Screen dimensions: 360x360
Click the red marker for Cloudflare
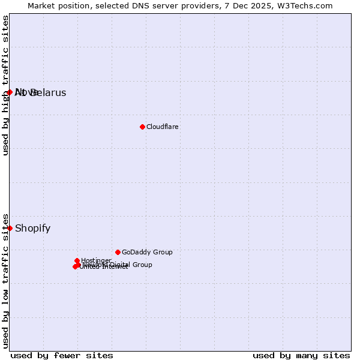(x=142, y=127)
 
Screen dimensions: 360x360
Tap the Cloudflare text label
(x=163, y=127)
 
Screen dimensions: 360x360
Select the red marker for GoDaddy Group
(x=118, y=252)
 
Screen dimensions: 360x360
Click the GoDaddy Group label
(x=147, y=252)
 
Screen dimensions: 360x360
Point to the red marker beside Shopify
(x=10, y=228)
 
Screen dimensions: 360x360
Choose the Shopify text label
(x=32, y=228)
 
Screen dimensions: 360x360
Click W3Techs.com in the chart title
(x=305, y=5)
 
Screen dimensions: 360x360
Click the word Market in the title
(x=42, y=5)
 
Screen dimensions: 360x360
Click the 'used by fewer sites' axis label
(x=62, y=355)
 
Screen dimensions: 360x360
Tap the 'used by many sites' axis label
(x=301, y=355)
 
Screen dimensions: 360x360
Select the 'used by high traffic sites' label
(x=5, y=85)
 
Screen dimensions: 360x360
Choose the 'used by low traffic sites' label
(x=5, y=281)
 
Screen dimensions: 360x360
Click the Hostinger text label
(x=96, y=260)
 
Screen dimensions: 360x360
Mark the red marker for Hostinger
(x=77, y=260)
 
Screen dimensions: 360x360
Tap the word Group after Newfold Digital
(x=142, y=265)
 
